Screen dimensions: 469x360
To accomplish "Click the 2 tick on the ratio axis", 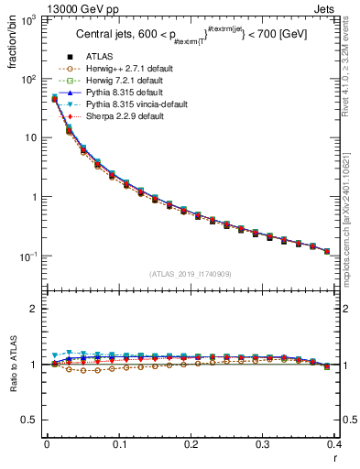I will pyautogui.click(x=37, y=309).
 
